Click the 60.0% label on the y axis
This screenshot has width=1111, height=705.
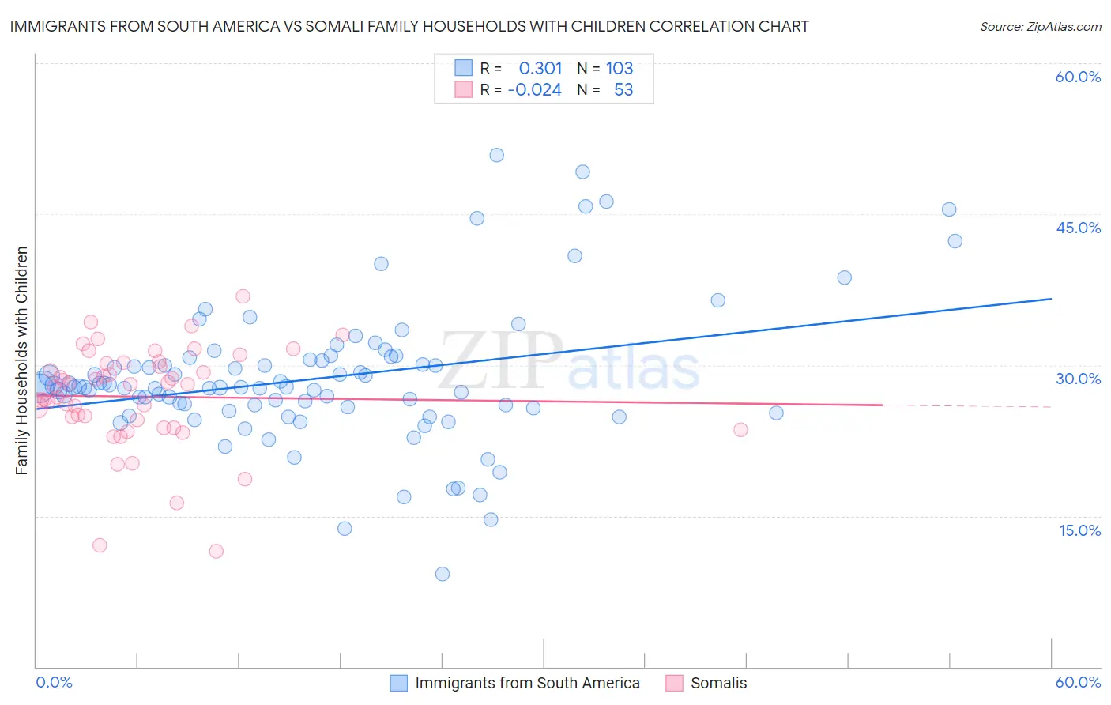[1078, 77]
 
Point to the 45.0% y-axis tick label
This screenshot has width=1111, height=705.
[1078, 228]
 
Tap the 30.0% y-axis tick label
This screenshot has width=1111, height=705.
[1078, 379]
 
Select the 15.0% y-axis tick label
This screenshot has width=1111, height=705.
[1079, 530]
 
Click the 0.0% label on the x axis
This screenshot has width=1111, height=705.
[54, 682]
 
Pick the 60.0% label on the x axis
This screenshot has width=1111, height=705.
[1078, 682]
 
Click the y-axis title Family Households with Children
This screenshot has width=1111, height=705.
[21, 360]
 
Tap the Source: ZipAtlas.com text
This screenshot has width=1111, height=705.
[1040, 26]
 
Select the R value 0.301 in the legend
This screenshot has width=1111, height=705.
[540, 69]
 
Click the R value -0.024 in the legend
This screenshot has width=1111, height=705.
[535, 90]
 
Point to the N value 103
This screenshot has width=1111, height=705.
[620, 69]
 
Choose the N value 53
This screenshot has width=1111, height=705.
[623, 90]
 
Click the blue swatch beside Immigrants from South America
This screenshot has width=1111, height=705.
[399, 683]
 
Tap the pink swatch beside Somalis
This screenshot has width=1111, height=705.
[674, 683]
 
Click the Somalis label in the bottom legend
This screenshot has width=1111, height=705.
[718, 683]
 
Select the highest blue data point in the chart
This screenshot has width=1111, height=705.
[496, 155]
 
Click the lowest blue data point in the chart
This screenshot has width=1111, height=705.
[443, 574]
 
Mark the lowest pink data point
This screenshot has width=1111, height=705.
[216, 551]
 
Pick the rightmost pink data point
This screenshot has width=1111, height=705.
[740, 429]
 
